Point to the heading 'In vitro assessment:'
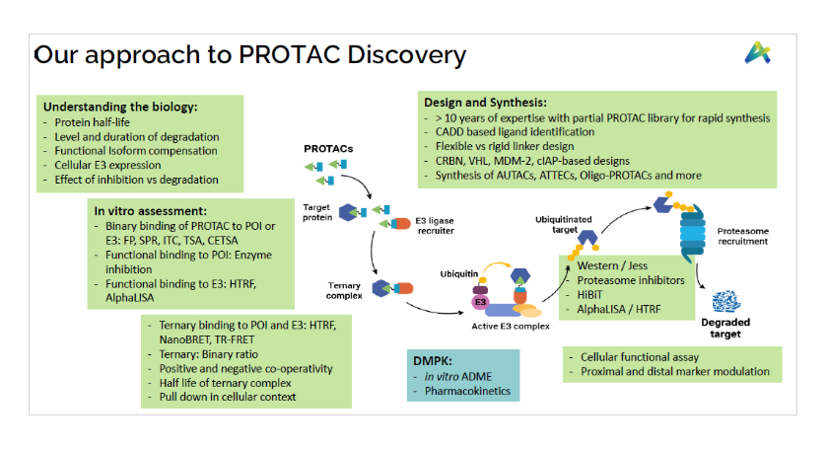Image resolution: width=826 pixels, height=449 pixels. click(x=148, y=210)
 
